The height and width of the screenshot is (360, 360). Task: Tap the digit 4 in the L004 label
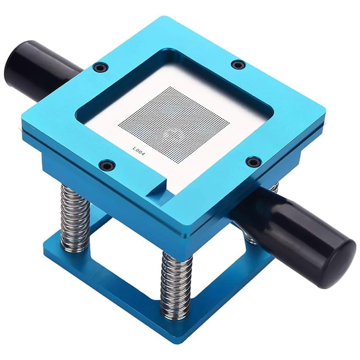(143, 155)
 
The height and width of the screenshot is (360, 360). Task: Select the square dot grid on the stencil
(174, 125)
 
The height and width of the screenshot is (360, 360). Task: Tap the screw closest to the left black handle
(100, 67)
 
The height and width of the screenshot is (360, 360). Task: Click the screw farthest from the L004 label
(238, 64)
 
